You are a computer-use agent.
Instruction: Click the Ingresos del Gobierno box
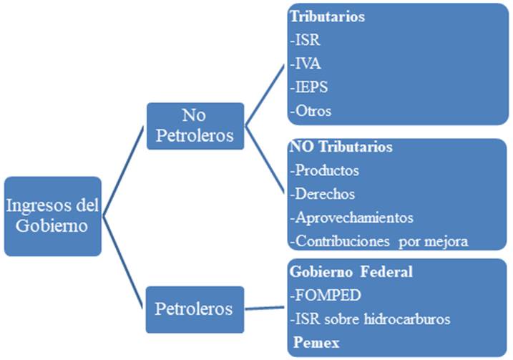click(52, 215)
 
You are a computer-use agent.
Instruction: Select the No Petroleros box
click(195, 126)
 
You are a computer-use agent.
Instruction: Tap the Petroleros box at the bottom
click(195, 309)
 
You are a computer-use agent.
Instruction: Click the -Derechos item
click(322, 194)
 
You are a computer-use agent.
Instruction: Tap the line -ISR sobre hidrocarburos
click(370, 319)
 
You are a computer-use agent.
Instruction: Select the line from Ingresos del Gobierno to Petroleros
click(124, 261)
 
